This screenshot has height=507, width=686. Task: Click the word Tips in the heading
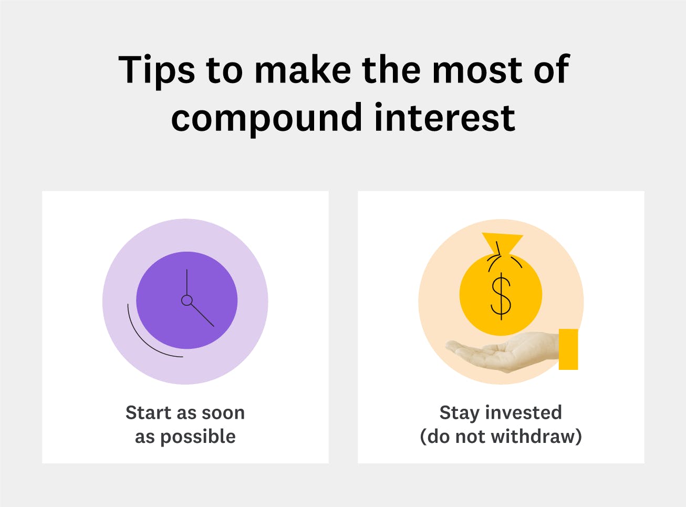click(x=156, y=70)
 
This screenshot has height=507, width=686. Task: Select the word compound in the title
click(x=266, y=118)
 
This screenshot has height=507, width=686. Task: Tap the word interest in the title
click(x=444, y=117)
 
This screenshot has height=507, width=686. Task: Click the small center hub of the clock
click(x=186, y=300)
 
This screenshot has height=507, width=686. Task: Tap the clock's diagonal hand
click(x=202, y=315)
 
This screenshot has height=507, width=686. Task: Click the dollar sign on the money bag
click(x=501, y=296)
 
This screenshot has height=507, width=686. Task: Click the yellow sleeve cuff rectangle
click(x=568, y=349)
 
